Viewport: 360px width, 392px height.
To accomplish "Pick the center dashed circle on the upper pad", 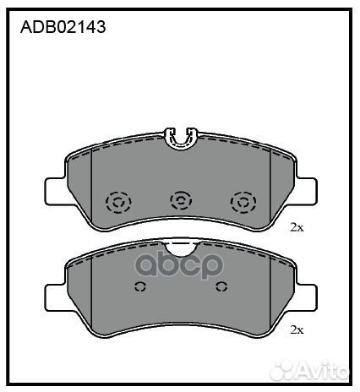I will [180, 200].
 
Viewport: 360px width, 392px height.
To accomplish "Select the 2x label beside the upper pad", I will [297, 227].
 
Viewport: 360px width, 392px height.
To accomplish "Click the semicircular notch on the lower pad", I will [179, 248].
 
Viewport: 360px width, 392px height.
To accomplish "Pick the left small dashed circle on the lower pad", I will [140, 286].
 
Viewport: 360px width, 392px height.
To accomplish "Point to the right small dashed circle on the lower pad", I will [221, 286].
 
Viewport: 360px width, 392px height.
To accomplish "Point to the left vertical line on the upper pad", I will [91, 190].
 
